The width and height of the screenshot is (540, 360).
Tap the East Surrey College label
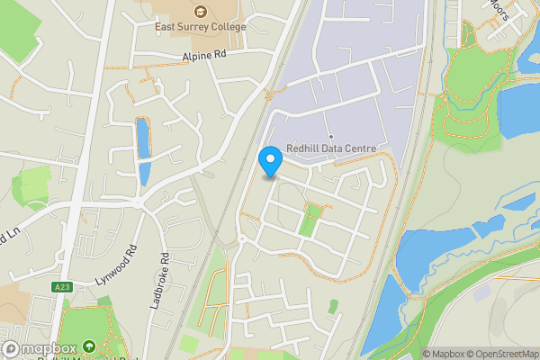[x=199, y=27]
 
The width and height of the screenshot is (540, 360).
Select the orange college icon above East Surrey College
[x=199, y=12]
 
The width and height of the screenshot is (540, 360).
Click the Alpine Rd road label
[x=202, y=56]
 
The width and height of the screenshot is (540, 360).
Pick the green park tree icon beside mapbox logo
[x=88, y=346]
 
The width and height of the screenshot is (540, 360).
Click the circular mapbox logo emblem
[x=11, y=349]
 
